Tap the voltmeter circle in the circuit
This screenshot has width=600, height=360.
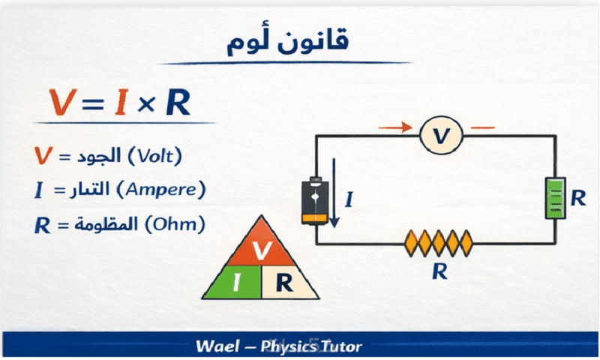441,136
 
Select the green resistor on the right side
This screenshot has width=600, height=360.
555,198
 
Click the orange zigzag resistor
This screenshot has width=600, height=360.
439,242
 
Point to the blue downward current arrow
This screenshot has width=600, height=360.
335,199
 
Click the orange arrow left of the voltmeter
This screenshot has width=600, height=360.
395,127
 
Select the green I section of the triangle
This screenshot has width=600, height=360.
236,282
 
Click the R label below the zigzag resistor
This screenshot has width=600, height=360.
439,271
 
